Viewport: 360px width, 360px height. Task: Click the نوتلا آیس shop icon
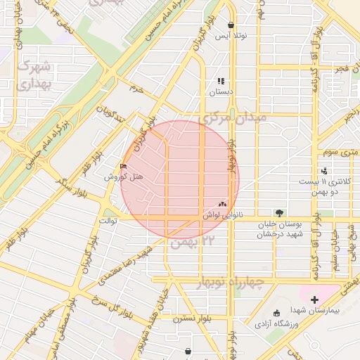pos(231,25)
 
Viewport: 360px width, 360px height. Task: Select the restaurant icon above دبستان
pos(221,81)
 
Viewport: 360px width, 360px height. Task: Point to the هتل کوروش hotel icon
pos(124,167)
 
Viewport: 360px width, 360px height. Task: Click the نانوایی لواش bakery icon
pos(223,204)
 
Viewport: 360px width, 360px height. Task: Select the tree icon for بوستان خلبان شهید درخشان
pos(280,212)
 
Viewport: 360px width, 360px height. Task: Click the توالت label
pos(107,221)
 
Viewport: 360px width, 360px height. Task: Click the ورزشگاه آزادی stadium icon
pos(276,314)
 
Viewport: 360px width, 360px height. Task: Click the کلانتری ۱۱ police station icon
pos(324,171)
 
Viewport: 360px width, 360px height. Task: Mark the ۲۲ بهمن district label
pos(191,243)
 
